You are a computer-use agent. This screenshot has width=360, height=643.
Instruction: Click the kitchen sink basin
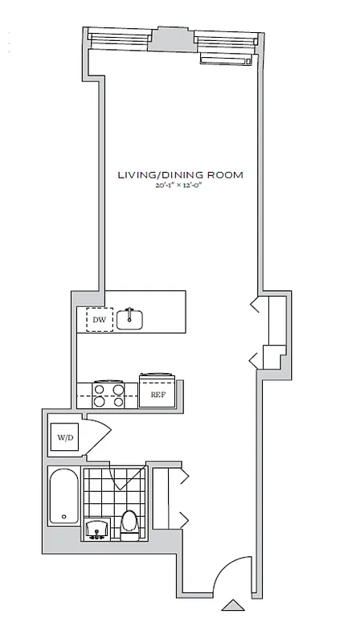pos(129,320)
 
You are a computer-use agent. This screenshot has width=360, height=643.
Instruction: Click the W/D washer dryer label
pos(63,439)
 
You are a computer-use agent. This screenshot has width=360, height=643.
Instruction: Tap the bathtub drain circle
pos(63,517)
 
